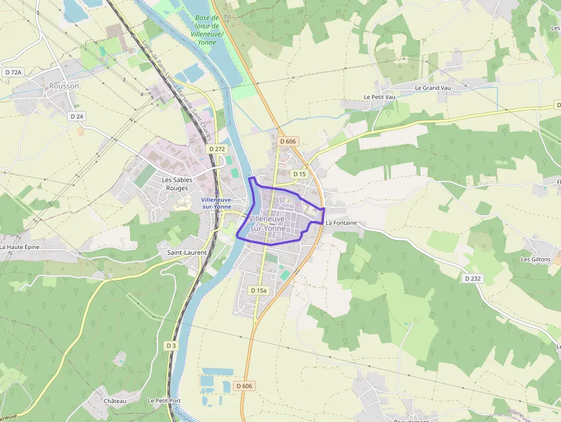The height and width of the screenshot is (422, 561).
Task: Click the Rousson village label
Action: click(x=64, y=86)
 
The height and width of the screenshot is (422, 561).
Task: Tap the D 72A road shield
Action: click(x=13, y=72)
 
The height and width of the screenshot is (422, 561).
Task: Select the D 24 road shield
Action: click(x=76, y=116)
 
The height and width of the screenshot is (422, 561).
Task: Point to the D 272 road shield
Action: click(x=217, y=149)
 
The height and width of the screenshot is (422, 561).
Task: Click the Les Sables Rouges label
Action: click(x=177, y=184)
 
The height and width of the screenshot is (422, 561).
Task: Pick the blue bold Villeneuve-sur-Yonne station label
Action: click(x=216, y=203)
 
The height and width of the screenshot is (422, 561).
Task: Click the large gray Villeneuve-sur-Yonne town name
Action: click(x=267, y=223)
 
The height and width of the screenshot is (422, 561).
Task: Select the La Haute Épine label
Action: click(x=19, y=247)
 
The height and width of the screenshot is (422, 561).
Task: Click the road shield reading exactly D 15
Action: click(x=299, y=173)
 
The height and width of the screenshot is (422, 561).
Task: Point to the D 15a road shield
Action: click(x=259, y=291)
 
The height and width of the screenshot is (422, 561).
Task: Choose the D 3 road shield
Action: click(x=171, y=346)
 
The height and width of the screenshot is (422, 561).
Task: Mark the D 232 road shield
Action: click(x=473, y=278)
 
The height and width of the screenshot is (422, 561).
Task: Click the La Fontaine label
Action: click(x=341, y=223)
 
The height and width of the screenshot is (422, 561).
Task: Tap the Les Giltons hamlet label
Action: click(x=535, y=259)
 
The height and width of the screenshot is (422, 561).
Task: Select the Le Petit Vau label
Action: click(x=380, y=97)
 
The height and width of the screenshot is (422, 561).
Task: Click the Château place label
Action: click(x=115, y=401)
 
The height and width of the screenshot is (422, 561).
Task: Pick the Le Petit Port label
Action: click(x=164, y=401)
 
